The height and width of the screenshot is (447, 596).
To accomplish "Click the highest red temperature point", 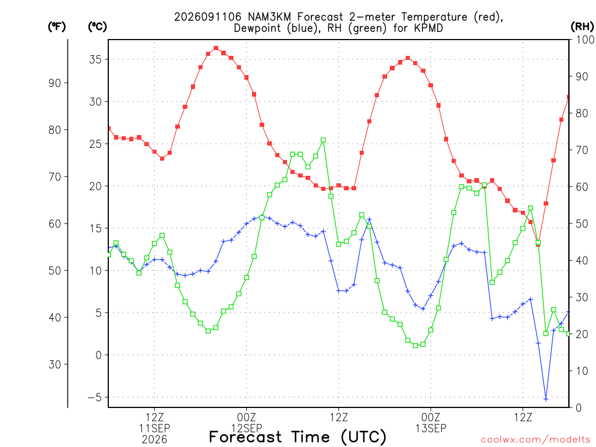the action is coord(216,48).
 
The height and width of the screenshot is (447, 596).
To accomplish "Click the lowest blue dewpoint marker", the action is coord(546,399).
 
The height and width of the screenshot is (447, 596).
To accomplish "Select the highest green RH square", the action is coord(324,140).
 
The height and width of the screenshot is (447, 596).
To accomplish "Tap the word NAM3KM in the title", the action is coord(269,17).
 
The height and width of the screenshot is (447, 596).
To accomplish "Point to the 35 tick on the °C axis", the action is coord(95,59).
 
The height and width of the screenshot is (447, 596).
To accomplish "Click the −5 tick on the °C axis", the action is coord(95,397).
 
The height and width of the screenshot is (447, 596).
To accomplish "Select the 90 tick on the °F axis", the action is coord(55,83).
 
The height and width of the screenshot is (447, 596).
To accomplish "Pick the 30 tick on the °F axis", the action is coord(55,364).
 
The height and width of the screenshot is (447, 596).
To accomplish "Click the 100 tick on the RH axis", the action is coord(585,40).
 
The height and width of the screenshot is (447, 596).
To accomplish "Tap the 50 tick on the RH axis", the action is coord(582,224).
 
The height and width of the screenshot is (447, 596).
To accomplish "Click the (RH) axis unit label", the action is coord(582,27).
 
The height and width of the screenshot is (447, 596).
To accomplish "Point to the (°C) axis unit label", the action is coord(97,27).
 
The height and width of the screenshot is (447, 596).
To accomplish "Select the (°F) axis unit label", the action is coord(56,27).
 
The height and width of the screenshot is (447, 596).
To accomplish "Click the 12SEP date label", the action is coord(247,428).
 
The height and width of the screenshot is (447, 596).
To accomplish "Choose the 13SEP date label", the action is coord(431,428).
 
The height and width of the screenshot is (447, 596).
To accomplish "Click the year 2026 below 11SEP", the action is coord(154,440).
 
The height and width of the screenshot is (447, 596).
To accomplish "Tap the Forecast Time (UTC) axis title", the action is coord(297,437).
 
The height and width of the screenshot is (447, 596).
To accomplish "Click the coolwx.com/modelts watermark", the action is coord(535,440).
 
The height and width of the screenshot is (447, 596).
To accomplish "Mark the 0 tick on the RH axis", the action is coord(579,408).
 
